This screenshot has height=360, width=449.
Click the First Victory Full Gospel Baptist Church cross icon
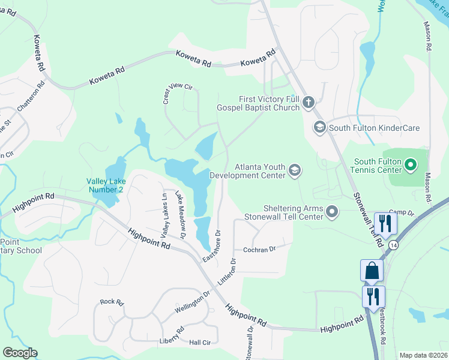(x=309, y=102)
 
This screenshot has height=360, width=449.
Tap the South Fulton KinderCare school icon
(x=319, y=127)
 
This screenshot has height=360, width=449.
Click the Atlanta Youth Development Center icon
(x=294, y=170)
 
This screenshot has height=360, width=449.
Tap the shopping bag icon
(x=372, y=271)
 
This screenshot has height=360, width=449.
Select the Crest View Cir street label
(x=179, y=94)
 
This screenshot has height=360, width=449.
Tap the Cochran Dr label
(x=259, y=249)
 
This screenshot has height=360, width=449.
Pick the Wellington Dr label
(x=193, y=301)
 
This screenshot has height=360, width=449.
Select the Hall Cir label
(x=199, y=342)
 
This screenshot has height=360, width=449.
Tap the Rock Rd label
(x=111, y=302)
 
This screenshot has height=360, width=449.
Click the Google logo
(x=20, y=353)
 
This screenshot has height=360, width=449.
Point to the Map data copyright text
(x=424, y=355)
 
